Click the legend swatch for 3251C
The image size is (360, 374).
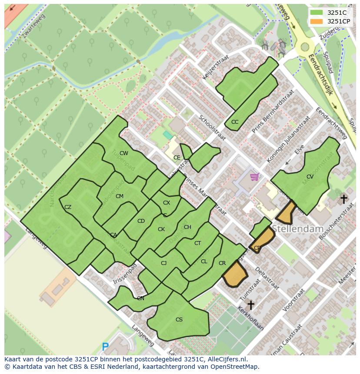click(317, 13)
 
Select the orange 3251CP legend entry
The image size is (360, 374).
click(317, 21)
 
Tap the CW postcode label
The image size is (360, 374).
click(124, 153)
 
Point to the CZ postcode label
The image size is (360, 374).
click(68, 207)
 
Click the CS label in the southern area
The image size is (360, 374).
click(179, 320)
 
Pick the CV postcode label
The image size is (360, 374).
click(310, 177)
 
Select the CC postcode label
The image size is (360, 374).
click(235, 122)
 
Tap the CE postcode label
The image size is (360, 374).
click(177, 158)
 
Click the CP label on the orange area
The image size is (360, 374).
click(257, 248)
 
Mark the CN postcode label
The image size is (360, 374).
click(140, 298)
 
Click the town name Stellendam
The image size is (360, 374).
click(298, 228)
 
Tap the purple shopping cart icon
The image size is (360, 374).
click(254, 176)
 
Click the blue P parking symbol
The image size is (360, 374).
click(105, 347)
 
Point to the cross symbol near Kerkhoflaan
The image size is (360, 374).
click(250, 304)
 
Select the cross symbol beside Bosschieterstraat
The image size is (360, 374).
click(343, 199)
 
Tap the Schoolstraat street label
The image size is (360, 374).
click(213, 128)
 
